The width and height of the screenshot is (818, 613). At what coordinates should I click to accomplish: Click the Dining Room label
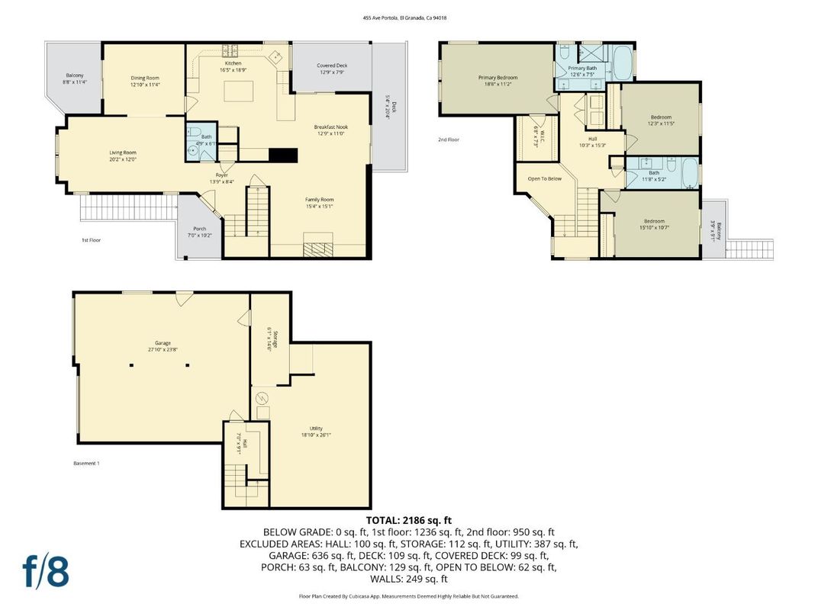[144, 78]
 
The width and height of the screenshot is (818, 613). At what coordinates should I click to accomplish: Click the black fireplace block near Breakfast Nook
[282, 155]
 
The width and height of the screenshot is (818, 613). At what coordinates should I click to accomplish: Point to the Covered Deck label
[332, 66]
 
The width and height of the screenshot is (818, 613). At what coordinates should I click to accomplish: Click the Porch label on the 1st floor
[199, 229]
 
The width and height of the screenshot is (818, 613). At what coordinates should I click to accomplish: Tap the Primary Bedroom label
[498, 78]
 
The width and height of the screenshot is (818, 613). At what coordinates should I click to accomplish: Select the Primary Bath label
[582, 68]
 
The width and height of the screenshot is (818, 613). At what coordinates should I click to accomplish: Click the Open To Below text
[544, 179]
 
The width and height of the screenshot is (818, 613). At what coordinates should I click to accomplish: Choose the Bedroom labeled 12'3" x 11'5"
[660, 117]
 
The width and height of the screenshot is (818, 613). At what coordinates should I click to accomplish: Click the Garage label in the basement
[162, 343]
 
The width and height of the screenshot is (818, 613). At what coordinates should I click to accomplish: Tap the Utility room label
[316, 428]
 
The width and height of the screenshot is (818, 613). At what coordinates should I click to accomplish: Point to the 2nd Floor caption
[449, 140]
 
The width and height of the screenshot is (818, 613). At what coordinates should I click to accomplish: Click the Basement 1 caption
[86, 464]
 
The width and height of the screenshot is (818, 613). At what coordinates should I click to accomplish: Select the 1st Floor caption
[92, 240]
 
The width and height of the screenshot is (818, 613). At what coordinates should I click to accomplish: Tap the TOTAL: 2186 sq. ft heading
[409, 520]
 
